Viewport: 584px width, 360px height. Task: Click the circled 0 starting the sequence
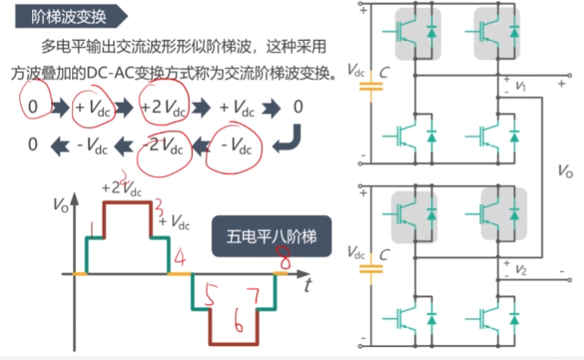point(32,107)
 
